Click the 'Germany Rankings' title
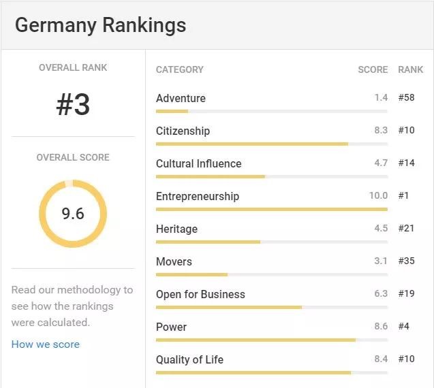(100, 25)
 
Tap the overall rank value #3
(73, 105)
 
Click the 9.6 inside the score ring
(73, 214)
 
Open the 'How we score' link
(46, 344)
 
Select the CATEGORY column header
(180, 69)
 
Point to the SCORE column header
(373, 69)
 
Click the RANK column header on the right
(410, 69)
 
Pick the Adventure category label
(181, 98)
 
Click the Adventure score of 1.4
(381, 98)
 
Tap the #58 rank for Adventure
(407, 98)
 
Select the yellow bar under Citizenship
(252, 144)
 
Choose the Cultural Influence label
(198, 163)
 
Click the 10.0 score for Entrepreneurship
(378, 196)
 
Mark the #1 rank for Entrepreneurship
(404, 196)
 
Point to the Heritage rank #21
(407, 229)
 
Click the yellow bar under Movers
(191, 274)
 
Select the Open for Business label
(200, 294)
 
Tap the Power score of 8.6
(381, 327)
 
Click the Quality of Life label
(189, 359)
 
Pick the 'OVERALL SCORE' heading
(73, 157)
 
